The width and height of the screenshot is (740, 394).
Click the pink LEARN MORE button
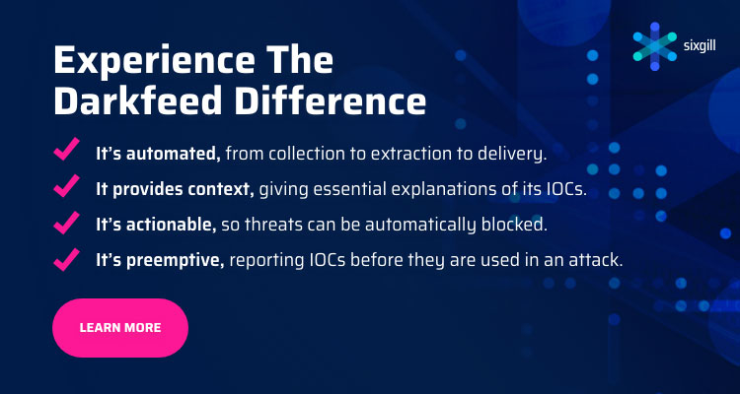click(120, 328)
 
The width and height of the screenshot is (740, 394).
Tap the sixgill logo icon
click(654, 46)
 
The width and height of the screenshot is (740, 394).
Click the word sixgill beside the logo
click(700, 46)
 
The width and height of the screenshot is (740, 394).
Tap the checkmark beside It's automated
click(66, 150)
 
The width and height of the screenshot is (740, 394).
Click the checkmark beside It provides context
click(66, 186)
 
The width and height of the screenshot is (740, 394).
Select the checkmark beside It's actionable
click(66, 223)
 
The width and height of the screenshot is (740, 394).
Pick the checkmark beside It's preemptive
click(66, 259)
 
